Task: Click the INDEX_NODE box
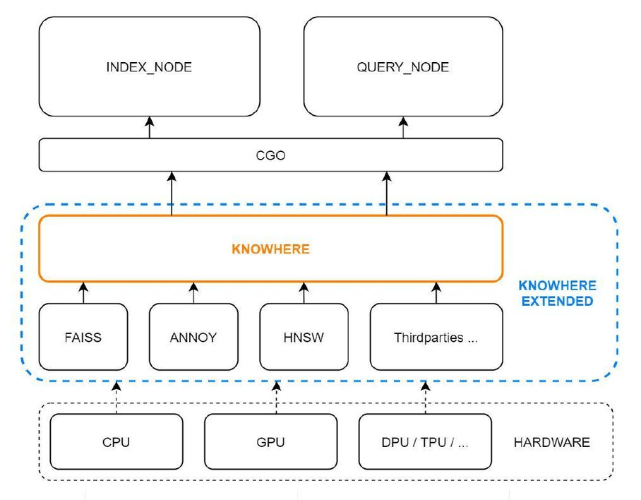(x=149, y=68)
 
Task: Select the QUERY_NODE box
(x=403, y=68)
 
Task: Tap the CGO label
(x=270, y=155)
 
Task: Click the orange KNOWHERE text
(x=270, y=249)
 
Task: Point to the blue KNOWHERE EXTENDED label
(x=557, y=293)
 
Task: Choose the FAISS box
(x=83, y=337)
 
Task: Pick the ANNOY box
(x=193, y=337)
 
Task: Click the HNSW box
(x=304, y=337)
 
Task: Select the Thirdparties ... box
(x=436, y=337)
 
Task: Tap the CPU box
(x=116, y=442)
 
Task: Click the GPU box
(x=270, y=442)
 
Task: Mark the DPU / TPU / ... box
(x=425, y=442)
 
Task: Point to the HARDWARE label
(x=551, y=442)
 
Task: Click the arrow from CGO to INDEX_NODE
(x=149, y=128)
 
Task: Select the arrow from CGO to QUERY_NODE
(x=403, y=128)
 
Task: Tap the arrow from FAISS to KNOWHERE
(x=83, y=292)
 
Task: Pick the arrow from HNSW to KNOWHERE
(x=304, y=292)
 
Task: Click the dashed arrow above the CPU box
(x=117, y=398)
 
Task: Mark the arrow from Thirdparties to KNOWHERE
(x=436, y=292)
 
